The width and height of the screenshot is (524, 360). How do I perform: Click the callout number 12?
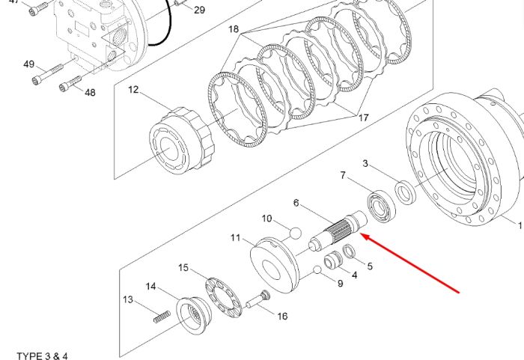(x=133, y=90)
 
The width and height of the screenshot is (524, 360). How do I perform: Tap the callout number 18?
(x=234, y=29)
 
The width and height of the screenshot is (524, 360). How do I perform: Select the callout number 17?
(x=364, y=118)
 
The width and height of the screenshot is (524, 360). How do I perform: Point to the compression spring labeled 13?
(x=162, y=317)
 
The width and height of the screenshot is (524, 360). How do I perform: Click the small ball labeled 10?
(x=296, y=233)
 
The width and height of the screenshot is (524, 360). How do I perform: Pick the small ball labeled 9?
(x=317, y=269)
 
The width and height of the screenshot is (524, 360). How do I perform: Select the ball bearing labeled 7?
(x=381, y=207)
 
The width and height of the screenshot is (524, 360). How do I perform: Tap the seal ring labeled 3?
(x=406, y=192)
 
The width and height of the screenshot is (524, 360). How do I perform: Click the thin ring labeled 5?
(x=350, y=251)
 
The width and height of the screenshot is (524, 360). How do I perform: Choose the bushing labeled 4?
(x=333, y=260)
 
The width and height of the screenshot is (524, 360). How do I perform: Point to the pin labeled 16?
(x=258, y=300)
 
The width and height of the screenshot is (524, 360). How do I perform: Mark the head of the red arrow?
(x=362, y=236)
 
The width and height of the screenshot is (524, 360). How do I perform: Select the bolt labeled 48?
(x=70, y=84)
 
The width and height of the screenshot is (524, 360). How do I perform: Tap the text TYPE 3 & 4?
(x=42, y=356)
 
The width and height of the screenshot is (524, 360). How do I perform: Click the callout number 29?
(x=200, y=10)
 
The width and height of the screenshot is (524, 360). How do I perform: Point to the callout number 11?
(x=236, y=238)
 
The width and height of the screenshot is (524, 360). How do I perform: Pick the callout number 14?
(x=150, y=287)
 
